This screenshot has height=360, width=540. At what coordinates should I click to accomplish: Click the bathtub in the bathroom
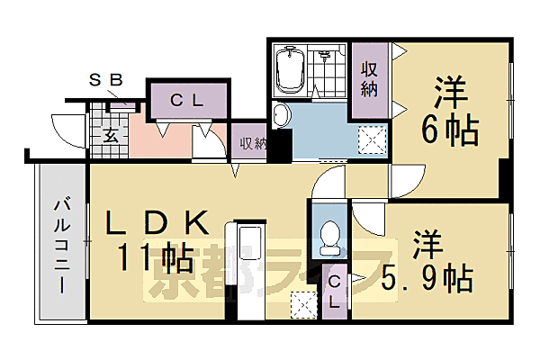coord(292,69)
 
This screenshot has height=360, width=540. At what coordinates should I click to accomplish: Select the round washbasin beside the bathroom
coord(281,114)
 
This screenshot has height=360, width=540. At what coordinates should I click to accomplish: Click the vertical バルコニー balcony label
coord(61,243)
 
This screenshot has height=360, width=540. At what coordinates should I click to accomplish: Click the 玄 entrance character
coord(109,135)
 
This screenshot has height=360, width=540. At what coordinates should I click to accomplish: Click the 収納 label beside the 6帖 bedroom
coord(369,79)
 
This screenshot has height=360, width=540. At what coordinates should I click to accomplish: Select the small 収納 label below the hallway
coord(251,142)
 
